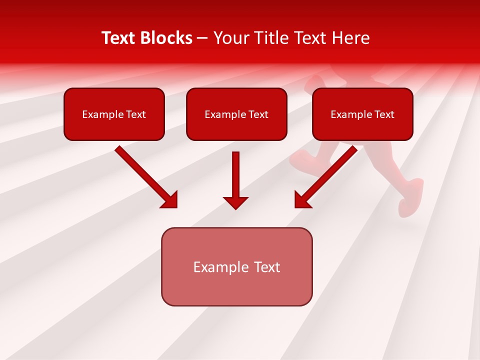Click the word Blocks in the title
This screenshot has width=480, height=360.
click(167, 38)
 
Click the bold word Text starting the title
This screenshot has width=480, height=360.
click(120, 38)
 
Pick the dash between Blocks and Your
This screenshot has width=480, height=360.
click(202, 38)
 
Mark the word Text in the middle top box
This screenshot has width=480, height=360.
click(258, 114)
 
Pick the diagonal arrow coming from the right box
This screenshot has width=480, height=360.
click(327, 175)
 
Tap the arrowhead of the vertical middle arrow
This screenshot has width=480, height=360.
click(235, 202)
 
